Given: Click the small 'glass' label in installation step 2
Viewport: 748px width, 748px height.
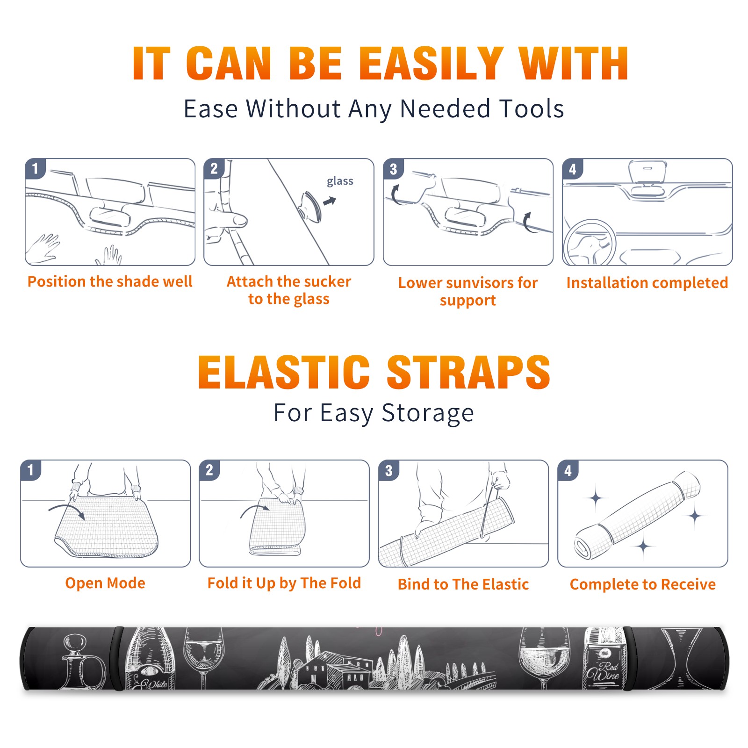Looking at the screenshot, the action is (340, 181).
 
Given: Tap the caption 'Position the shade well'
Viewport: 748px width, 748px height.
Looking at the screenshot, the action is (110, 282).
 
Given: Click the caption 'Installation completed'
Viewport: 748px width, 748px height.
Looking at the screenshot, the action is (647, 283).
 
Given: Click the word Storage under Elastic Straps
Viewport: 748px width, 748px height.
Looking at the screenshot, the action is (428, 413).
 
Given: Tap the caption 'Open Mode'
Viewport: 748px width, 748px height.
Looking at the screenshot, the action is (105, 583).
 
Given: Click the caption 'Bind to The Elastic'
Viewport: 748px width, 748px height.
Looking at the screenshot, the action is (463, 584).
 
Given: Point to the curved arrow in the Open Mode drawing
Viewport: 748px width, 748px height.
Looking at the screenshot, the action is (65, 507).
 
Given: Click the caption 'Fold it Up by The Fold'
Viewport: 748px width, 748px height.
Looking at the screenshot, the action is (284, 583).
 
